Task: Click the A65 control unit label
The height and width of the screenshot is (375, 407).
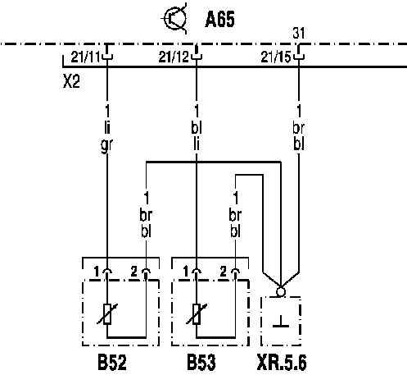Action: [x=219, y=20]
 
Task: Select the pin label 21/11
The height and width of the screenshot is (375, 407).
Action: [x=85, y=57]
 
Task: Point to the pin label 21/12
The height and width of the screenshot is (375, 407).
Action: [x=174, y=57]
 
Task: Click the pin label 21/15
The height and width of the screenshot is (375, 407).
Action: [x=276, y=57]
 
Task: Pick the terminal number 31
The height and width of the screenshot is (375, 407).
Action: [x=299, y=33]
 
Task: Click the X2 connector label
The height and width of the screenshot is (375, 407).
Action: [x=71, y=81]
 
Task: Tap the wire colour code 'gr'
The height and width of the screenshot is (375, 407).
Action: [x=106, y=144]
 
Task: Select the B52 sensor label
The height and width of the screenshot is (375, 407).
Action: [x=112, y=363]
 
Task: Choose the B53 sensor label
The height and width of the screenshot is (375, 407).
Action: [x=201, y=363]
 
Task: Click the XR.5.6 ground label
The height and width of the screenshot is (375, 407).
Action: [x=282, y=363]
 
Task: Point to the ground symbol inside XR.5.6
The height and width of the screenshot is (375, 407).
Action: [x=281, y=322]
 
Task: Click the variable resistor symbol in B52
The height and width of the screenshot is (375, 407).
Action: [x=107, y=314]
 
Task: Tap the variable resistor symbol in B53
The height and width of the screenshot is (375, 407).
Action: [x=197, y=314]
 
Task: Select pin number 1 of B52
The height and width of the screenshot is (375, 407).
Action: [x=97, y=272]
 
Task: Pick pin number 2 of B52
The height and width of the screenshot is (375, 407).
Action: [x=134, y=272]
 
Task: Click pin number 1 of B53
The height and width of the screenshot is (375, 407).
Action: [x=186, y=272]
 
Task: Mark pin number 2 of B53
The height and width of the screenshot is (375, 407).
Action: [x=224, y=272]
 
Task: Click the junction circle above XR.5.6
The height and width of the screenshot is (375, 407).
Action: [x=281, y=291]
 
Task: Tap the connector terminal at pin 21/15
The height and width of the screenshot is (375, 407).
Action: [x=299, y=54]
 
